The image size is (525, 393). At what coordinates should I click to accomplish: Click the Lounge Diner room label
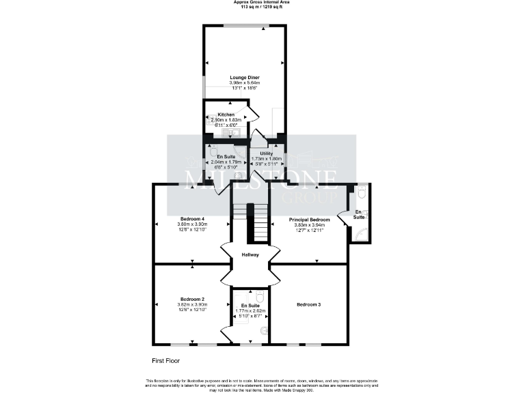tap(244, 77)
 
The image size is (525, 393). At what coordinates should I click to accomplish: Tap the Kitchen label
tap(226, 115)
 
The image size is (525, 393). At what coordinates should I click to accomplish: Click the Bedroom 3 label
tap(309, 304)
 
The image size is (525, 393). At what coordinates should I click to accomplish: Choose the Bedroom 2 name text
tap(192, 299)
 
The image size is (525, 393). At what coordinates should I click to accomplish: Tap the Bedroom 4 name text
tap(192, 218)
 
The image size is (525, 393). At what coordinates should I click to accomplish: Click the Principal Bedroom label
tap(310, 220)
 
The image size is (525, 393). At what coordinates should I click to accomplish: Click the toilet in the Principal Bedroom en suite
tap(362, 193)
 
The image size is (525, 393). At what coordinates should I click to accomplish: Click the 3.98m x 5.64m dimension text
tap(244, 83)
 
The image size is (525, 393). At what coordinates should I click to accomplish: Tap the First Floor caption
tap(166, 360)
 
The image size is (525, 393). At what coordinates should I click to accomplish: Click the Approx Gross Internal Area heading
tap(262, 3)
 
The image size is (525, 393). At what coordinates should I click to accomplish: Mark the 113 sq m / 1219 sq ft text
tap(262, 8)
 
